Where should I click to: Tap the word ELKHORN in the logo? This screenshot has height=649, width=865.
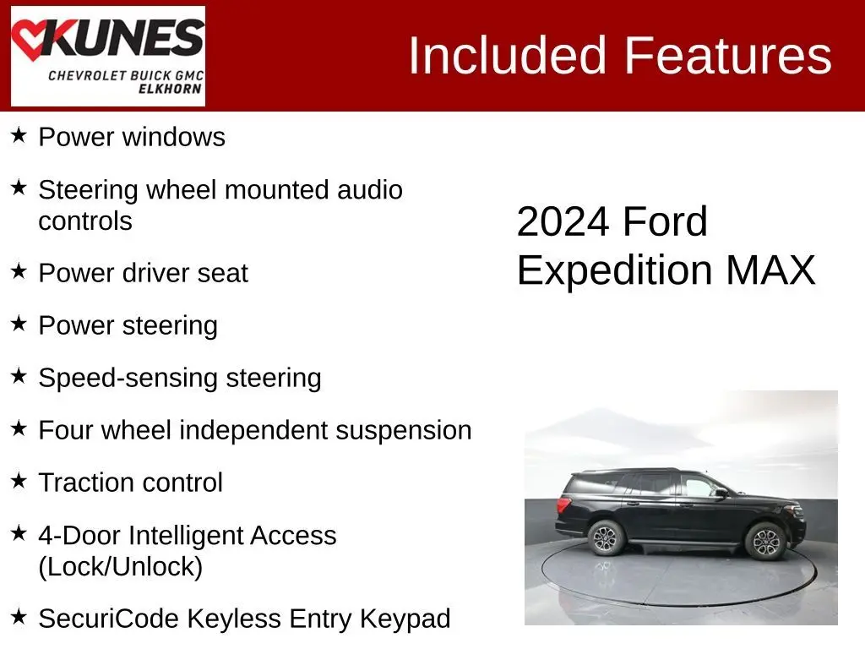point(170,89)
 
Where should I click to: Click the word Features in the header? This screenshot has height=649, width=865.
point(727,55)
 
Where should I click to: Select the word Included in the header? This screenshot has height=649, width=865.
point(508,55)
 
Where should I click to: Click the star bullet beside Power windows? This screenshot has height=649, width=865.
point(19,135)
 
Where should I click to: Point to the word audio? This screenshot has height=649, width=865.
point(370,190)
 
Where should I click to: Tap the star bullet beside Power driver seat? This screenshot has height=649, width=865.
point(19,271)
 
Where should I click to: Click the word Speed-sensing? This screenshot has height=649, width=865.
point(128,379)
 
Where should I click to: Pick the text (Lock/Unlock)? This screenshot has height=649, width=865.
point(121,567)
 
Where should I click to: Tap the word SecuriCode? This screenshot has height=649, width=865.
point(109,619)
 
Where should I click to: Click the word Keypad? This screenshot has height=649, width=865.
point(405,619)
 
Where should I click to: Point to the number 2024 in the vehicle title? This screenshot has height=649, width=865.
point(563,222)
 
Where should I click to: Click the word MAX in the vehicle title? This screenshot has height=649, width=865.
point(770,270)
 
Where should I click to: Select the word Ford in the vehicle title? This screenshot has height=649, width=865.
point(666,222)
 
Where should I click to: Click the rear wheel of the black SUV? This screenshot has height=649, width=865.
point(607,537)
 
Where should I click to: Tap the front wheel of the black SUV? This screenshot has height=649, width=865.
point(765,542)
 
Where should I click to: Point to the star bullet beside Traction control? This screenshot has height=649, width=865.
point(19,481)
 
